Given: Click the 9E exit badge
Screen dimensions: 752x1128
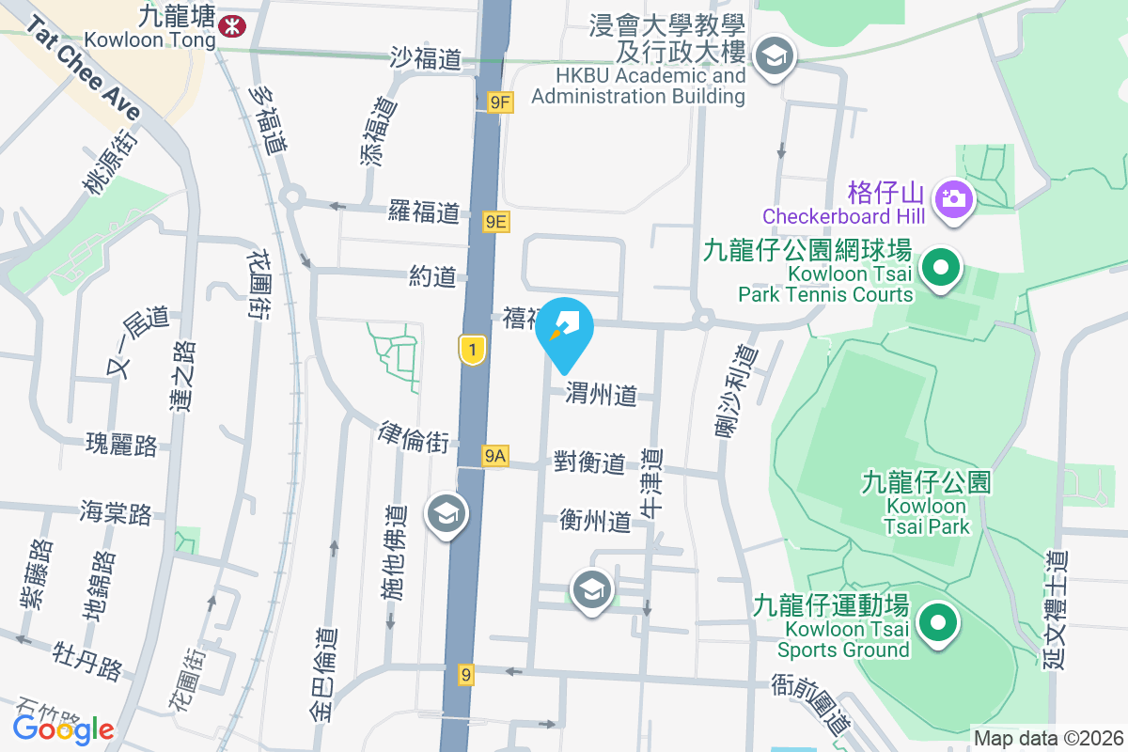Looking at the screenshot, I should coord(496,222).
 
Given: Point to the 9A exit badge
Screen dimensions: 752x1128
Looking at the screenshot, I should coord(495,457).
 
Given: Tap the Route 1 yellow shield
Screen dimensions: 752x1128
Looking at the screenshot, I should coord(472,351).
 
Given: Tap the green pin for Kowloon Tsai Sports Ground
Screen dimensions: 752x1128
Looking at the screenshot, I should coord(936,623).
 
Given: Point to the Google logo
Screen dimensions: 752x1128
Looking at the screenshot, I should coord(63,728).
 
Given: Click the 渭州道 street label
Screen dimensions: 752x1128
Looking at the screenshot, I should coord(602,396).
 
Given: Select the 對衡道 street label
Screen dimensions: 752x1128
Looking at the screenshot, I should coord(589,462).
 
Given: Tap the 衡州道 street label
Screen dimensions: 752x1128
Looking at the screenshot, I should coord(595,521).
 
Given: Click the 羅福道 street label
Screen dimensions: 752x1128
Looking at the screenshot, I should coord(424,211).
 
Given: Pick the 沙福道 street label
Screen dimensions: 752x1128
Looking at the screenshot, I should coord(427,58).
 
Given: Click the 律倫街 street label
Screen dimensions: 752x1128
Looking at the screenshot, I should coord(413,437).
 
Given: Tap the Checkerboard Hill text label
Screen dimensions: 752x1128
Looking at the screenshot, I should coord(844,216).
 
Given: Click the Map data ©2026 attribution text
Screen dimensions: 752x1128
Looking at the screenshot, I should coord(1047,738).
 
